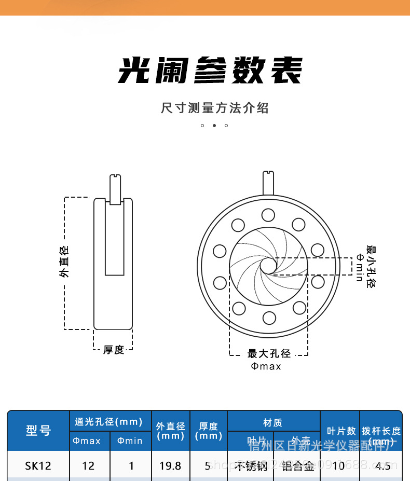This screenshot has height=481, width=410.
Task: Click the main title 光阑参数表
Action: coord(210,70)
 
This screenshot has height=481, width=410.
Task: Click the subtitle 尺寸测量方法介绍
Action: coord(214,108)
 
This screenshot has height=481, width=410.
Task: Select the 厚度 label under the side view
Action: coord(114,350)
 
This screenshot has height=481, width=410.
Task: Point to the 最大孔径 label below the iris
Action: coord(269,354)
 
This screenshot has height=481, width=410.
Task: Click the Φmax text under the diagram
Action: coord(266,366)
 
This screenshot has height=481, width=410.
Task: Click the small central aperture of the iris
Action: coord(268,266)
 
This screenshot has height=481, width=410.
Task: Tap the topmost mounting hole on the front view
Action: coord(268,215)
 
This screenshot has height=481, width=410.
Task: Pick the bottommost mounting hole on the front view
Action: coord(269,317)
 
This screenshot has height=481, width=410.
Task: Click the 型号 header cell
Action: coord(38,430)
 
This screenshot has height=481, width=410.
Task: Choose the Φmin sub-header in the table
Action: coord(130,441)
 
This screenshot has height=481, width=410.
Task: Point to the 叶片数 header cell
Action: coord(341,431)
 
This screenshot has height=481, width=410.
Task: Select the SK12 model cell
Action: coord(38,465)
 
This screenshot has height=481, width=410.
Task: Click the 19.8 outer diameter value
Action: coord(170,465)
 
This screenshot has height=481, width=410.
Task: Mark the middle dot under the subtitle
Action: coord(214,126)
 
